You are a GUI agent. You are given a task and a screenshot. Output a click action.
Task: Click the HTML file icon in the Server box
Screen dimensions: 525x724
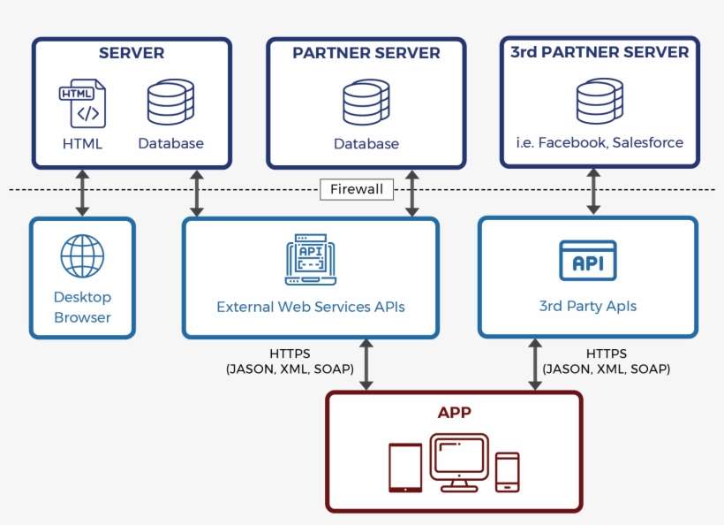click(x=82, y=103)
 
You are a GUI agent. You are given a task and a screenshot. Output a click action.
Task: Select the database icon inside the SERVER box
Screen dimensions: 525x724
click(x=170, y=103)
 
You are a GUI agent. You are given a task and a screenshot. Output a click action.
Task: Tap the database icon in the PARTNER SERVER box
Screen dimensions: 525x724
click(x=366, y=103)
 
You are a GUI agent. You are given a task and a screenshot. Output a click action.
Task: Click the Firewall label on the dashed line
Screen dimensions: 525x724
click(x=357, y=189)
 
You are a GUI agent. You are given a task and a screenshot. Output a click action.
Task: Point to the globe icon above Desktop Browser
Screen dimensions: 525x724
click(x=82, y=256)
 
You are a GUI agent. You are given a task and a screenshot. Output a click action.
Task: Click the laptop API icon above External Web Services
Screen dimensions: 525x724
click(x=310, y=260)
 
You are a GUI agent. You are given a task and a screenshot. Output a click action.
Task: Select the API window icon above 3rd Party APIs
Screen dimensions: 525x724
click(x=587, y=260)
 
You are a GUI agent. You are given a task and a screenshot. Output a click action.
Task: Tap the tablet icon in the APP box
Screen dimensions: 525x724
click(x=405, y=468)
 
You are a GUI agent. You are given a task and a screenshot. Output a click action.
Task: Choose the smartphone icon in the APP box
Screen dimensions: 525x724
click(x=507, y=471)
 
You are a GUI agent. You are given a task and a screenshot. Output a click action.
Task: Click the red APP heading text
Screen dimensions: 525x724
click(x=455, y=413)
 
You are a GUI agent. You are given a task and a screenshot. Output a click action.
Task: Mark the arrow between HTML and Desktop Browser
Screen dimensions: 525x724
click(x=82, y=193)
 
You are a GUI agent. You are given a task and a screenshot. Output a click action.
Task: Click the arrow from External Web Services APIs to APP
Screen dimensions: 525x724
click(x=366, y=363)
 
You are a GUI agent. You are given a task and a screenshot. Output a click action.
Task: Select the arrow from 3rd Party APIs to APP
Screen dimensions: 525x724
click(x=534, y=363)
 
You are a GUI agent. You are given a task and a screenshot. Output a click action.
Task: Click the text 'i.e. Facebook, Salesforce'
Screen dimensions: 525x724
click(x=600, y=142)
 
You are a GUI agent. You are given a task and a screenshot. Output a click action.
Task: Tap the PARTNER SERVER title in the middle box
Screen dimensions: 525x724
click(x=366, y=53)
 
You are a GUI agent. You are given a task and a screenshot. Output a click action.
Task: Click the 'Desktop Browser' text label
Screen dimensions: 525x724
click(x=82, y=308)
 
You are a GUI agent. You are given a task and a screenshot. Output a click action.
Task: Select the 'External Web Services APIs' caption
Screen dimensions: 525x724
click(x=310, y=308)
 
